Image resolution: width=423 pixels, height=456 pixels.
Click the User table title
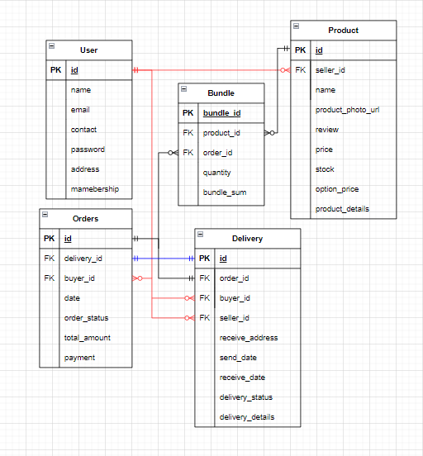(x=88, y=50)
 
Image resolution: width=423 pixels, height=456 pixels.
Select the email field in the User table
(x=81, y=110)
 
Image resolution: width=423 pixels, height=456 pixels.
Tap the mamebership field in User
(x=95, y=189)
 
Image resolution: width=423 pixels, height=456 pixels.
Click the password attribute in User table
(x=87, y=150)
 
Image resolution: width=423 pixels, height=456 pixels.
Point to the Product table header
(x=343, y=31)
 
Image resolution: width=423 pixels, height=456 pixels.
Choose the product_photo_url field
(x=348, y=110)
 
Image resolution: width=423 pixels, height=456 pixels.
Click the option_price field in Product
(x=338, y=189)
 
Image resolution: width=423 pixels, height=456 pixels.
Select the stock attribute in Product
(x=326, y=169)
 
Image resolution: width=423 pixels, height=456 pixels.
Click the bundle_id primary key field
(x=221, y=113)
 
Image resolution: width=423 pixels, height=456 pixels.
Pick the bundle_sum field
(x=225, y=192)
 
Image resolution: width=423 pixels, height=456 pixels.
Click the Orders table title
(x=85, y=219)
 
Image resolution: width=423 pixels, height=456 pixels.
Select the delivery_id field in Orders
(x=84, y=259)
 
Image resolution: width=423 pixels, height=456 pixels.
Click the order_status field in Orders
(x=87, y=318)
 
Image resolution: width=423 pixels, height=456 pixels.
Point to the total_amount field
(x=88, y=338)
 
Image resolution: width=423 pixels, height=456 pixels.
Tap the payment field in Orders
(x=80, y=358)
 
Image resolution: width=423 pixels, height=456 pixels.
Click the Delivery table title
(x=247, y=239)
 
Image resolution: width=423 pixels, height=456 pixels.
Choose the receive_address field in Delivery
(x=249, y=338)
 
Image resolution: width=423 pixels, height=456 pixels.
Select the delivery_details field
(x=247, y=417)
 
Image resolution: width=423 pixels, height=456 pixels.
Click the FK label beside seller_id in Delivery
(x=204, y=318)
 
